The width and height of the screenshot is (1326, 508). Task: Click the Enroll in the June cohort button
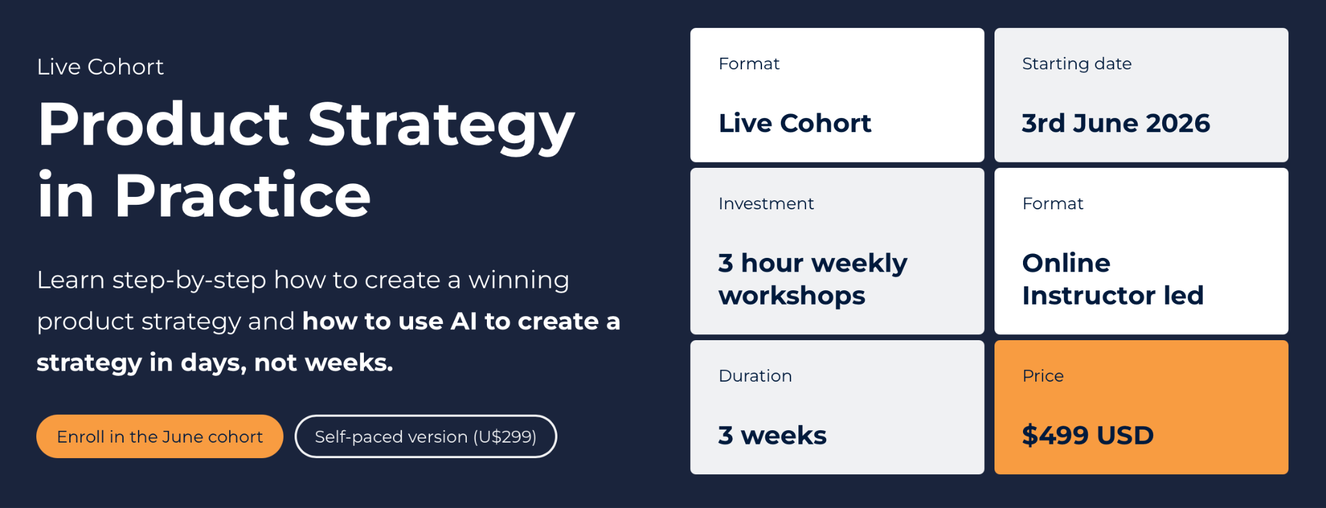pyautogui.click(x=160, y=436)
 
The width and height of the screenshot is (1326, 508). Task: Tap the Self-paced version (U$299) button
pyautogui.click(x=425, y=436)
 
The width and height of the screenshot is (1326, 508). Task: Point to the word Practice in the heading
pyautogui.click(x=243, y=195)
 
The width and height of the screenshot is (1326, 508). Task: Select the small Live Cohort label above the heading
pyautogui.click(x=100, y=67)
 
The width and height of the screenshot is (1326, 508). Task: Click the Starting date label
pyautogui.click(x=1077, y=64)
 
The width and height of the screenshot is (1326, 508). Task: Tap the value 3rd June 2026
pyautogui.click(x=1116, y=123)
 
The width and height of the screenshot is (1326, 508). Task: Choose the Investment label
pyautogui.click(x=766, y=203)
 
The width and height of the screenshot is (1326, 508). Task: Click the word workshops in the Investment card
pyautogui.click(x=792, y=296)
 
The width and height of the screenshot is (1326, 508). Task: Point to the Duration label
pyautogui.click(x=755, y=376)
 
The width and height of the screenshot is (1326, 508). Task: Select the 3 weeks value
pyautogui.click(x=772, y=435)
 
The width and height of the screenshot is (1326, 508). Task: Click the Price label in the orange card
pyautogui.click(x=1043, y=376)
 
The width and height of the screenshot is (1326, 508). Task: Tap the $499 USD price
pyautogui.click(x=1088, y=435)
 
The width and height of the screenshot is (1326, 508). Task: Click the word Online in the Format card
pyautogui.click(x=1066, y=263)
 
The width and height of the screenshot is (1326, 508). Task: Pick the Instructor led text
pyautogui.click(x=1113, y=295)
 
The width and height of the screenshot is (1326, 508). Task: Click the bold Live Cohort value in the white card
pyautogui.click(x=795, y=123)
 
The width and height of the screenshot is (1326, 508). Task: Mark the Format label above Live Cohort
pyautogui.click(x=749, y=63)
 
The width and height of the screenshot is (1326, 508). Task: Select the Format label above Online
pyautogui.click(x=1053, y=203)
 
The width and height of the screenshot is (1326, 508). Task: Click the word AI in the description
pyautogui.click(x=464, y=321)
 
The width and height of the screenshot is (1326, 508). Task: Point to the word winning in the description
pyautogui.click(x=519, y=281)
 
